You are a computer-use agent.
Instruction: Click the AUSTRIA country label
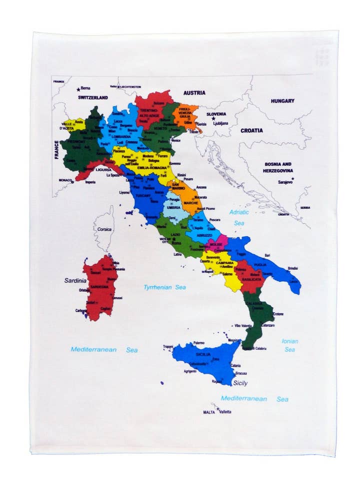click(194, 92)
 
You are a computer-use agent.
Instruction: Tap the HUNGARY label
click(282, 100)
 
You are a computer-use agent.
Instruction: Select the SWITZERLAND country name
click(92, 98)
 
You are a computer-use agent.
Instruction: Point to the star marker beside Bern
click(78, 89)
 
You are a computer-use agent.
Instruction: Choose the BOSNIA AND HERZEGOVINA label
click(278, 167)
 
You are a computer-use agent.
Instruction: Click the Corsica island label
click(104, 229)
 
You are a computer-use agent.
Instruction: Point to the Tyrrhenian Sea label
click(164, 287)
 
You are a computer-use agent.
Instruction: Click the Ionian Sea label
click(289, 345)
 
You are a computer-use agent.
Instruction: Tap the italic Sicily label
click(240, 383)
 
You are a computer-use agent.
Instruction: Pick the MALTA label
click(208, 412)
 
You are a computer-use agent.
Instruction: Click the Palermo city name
click(199, 342)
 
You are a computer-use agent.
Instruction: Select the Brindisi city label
click(293, 268)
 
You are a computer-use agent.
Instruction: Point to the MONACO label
click(65, 180)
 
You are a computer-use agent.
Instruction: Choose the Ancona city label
click(201, 187)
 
